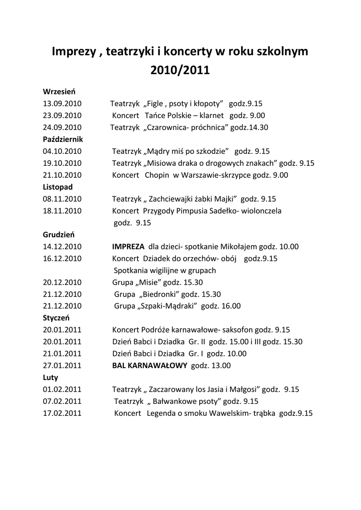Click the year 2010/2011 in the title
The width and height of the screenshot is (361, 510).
click(180, 70)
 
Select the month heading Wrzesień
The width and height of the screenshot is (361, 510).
click(59, 91)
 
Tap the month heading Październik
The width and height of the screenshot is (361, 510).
click(63, 139)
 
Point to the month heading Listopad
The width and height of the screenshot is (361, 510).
click(58, 187)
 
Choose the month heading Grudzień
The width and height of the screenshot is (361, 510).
click(59, 235)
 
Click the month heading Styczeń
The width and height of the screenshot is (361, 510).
click(56, 317)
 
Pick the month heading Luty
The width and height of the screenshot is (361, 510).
click(50, 378)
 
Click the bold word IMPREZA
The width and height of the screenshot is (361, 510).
click(128, 247)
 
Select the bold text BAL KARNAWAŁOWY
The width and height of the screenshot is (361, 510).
click(149, 366)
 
